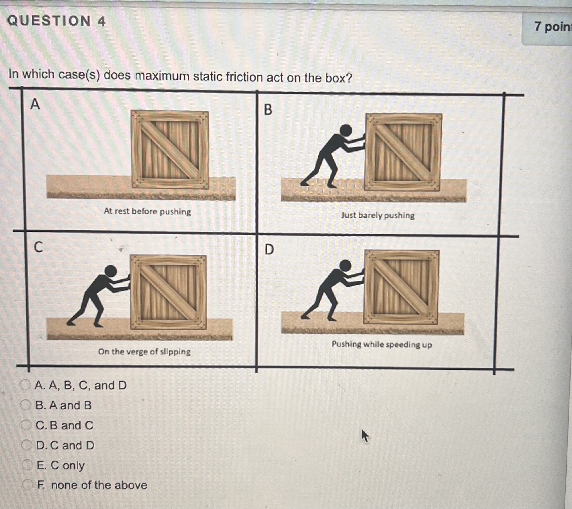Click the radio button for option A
[x=25, y=385]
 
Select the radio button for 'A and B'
[x=26, y=405]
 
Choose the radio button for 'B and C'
[x=26, y=425]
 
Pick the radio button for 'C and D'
[x=27, y=445]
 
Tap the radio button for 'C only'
[x=27, y=465]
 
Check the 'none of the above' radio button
[x=28, y=484]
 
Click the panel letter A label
[x=35, y=104]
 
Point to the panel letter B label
[x=268, y=110]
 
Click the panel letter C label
[x=38, y=247]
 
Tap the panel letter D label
[x=269, y=250]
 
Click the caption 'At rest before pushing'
[x=147, y=211]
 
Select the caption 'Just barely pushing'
[x=378, y=215]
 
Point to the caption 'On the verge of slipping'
[x=144, y=352]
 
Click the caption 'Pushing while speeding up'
[x=381, y=344]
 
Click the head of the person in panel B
[x=346, y=131]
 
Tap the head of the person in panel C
[x=111, y=271]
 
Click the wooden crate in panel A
[x=170, y=150]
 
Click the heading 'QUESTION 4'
[x=56, y=21]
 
